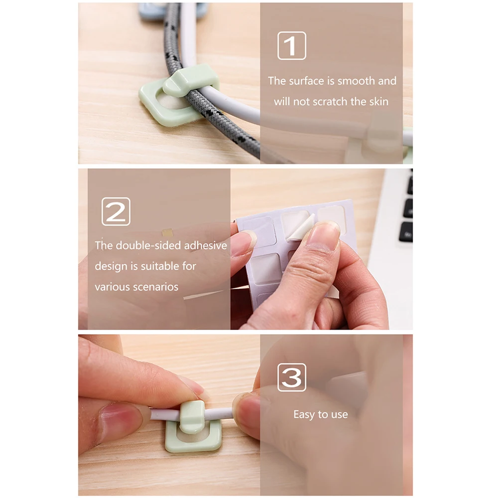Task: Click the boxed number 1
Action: (x=292, y=46)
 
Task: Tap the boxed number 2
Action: (x=116, y=212)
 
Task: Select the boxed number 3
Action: (x=292, y=377)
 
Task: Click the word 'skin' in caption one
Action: (x=378, y=102)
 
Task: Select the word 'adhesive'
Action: (x=206, y=246)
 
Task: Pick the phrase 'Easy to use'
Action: (x=320, y=414)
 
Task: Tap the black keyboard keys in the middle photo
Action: (x=407, y=209)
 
